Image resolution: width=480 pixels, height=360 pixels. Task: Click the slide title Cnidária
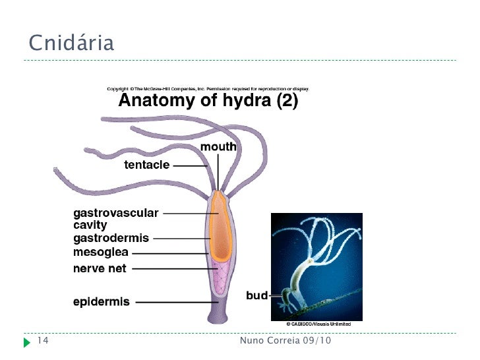tap(71, 44)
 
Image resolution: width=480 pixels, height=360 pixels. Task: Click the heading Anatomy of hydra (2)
tap(208, 102)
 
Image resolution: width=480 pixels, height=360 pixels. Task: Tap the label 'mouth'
tap(218, 146)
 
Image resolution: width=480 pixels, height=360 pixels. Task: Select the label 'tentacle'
tap(147, 165)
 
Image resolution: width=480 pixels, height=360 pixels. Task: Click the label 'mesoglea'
tap(101, 252)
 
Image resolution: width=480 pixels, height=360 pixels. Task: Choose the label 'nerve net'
tap(100, 268)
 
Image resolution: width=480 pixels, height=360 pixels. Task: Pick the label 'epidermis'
tap(102, 302)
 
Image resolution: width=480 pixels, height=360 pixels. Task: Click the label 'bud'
tap(256, 295)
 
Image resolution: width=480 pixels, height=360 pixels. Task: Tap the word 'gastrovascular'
tap(115, 213)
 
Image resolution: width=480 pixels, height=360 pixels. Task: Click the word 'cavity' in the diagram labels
tap(90, 225)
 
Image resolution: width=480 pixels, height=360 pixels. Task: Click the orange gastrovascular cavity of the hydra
tap(220, 224)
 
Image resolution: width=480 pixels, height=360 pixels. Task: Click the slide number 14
tap(44, 342)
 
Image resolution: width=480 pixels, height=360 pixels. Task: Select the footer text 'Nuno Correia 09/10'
tap(285, 342)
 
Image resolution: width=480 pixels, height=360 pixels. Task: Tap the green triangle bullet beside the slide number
tap(26, 342)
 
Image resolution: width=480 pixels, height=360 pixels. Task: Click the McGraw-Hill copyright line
tap(208, 88)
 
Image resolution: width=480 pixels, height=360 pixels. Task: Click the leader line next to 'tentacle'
tap(191, 166)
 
